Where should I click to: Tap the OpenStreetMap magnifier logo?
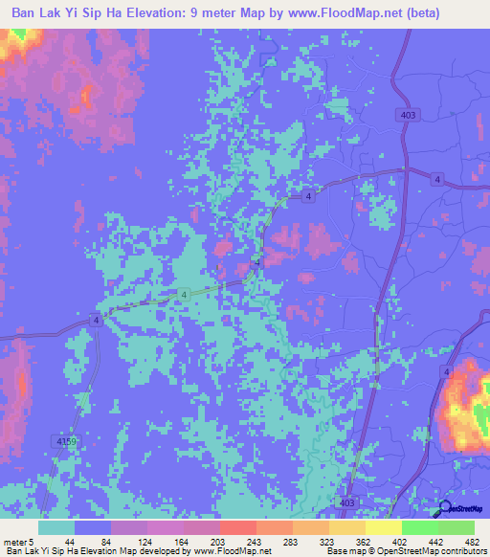pos(443,509)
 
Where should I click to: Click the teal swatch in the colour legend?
pos(56,528)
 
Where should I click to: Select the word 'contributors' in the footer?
pos(458,550)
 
